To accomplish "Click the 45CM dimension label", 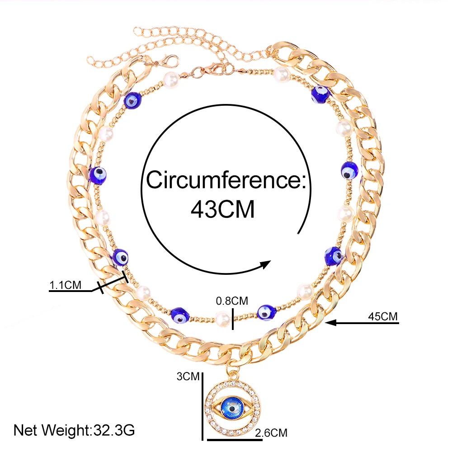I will (x=383, y=316).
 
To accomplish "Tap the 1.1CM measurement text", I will (x=65, y=285).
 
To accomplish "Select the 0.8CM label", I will (x=232, y=300).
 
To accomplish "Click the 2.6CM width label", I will (x=271, y=433).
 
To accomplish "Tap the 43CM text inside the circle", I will (x=222, y=209).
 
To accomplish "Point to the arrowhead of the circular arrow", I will (x=267, y=264).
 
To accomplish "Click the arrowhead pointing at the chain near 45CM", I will (x=330, y=322).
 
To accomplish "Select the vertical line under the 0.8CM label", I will (x=232, y=319).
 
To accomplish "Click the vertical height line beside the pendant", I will (x=202, y=405).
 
